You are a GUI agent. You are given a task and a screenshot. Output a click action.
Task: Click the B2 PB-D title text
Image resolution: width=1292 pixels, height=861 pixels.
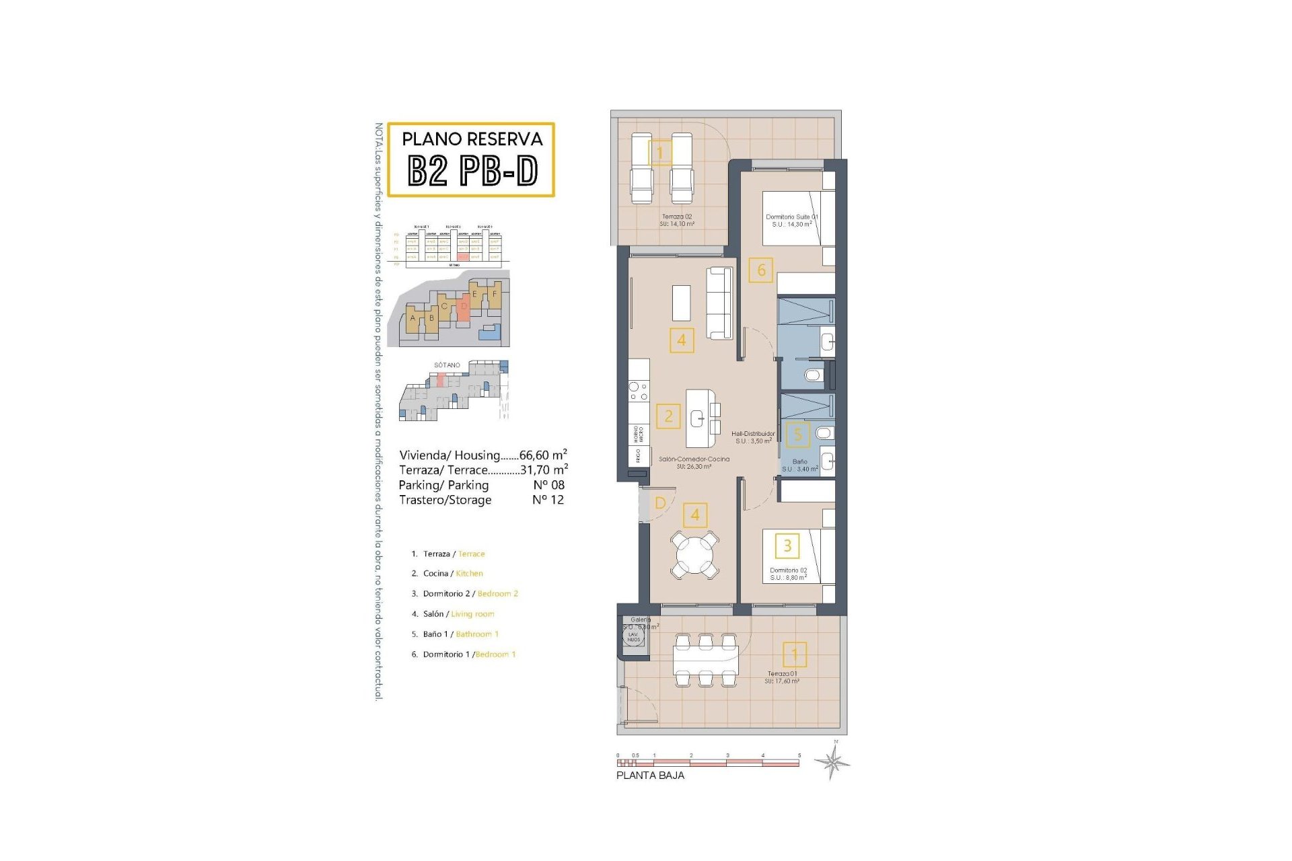(x=472, y=171)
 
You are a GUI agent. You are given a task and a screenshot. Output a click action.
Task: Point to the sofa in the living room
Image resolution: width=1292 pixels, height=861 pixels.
(x=719, y=303)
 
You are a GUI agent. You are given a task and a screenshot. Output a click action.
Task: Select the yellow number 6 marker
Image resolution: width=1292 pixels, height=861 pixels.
(x=761, y=270)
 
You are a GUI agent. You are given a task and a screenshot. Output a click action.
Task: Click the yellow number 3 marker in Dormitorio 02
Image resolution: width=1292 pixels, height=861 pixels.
(x=787, y=546)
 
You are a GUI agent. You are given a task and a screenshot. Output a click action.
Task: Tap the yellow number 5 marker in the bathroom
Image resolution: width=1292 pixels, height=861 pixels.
(x=798, y=435)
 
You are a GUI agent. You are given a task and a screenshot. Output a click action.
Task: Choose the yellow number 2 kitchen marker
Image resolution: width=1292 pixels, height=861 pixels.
(x=668, y=416)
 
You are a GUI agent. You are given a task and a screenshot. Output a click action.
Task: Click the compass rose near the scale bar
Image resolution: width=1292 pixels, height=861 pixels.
(x=832, y=762)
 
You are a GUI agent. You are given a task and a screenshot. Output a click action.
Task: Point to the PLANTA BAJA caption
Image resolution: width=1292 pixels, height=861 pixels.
(x=650, y=776)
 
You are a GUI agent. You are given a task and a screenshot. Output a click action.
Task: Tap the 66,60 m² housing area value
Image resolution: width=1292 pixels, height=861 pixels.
(x=542, y=455)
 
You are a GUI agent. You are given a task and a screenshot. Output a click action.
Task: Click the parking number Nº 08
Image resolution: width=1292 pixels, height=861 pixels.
(x=548, y=485)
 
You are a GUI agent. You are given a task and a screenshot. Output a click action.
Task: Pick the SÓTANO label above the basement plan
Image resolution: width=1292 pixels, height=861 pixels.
(x=447, y=365)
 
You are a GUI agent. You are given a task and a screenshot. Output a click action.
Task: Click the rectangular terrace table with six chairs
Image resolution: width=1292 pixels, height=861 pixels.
(x=705, y=661)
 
